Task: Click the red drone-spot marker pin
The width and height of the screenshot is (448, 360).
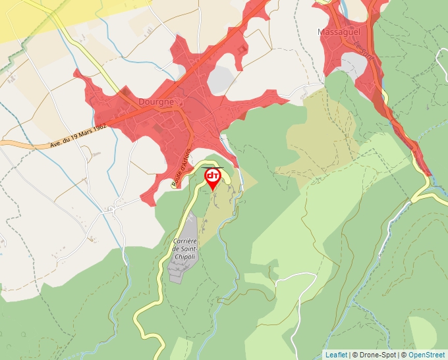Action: pos(213,178)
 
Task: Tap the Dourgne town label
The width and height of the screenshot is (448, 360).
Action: pos(156,103)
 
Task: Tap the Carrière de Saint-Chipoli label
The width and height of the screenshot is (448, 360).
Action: pos(186,249)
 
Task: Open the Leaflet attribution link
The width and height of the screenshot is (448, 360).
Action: pos(337,355)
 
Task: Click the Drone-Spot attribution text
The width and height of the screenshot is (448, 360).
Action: pos(374,355)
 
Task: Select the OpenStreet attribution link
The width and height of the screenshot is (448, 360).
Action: pos(427,355)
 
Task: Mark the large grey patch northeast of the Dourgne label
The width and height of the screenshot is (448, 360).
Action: pos(221,79)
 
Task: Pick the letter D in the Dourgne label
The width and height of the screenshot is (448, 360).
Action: pos(142,103)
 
